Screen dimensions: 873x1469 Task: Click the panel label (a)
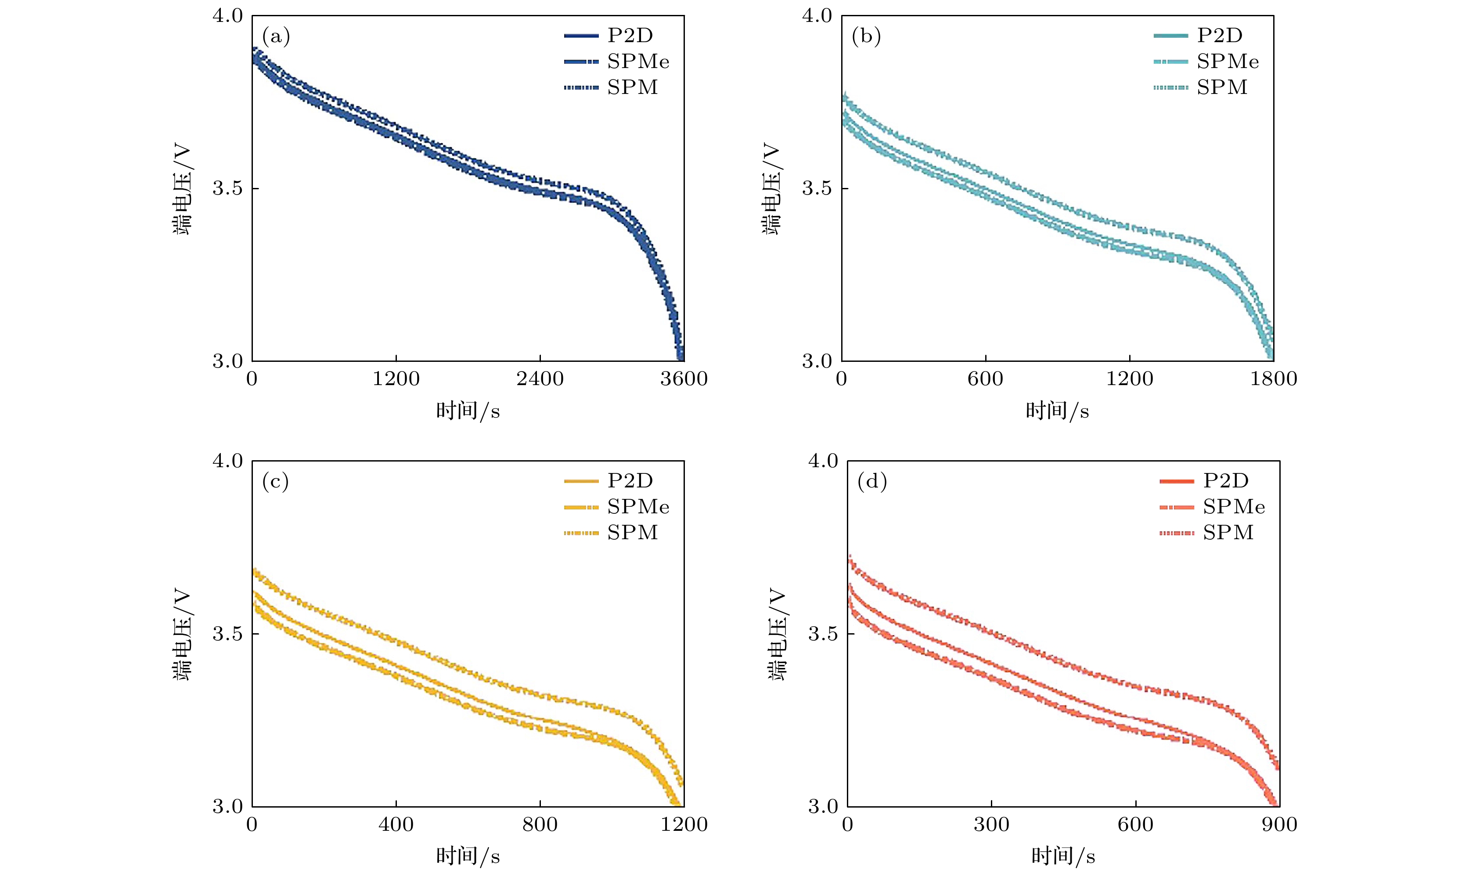pyautogui.click(x=276, y=37)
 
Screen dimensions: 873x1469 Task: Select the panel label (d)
pyautogui.click(x=871, y=482)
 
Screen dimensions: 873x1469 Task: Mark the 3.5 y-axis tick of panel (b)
pyautogui.click(x=817, y=189)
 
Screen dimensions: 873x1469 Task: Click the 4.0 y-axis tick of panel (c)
pyautogui.click(x=227, y=461)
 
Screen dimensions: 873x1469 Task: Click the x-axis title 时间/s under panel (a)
pyautogui.click(x=468, y=411)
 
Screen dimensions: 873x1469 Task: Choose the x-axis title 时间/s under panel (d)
pyautogui.click(x=1062, y=856)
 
